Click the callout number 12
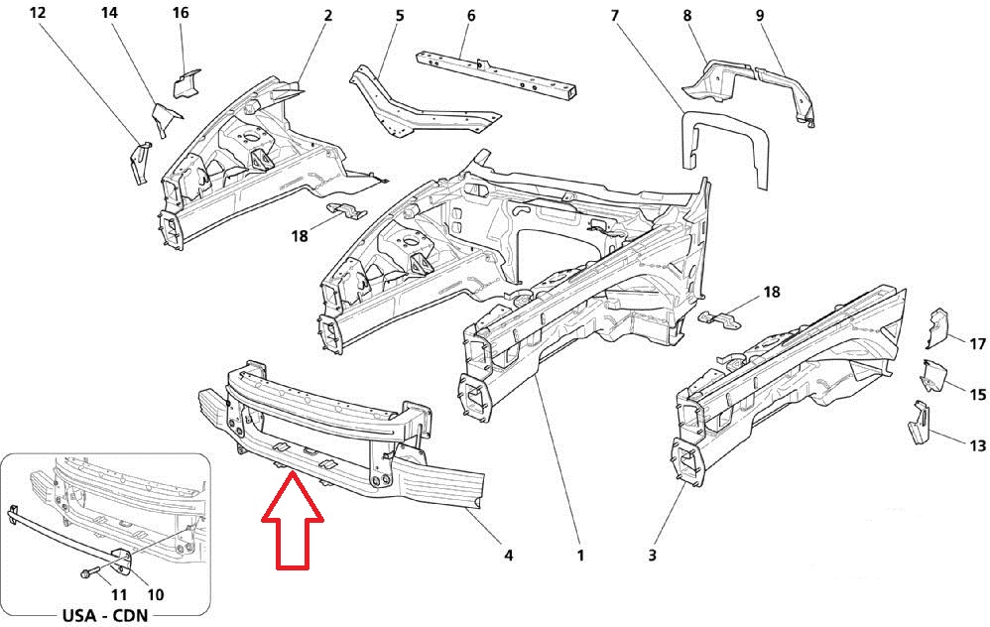pyautogui.click(x=38, y=14)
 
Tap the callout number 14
pyautogui.click(x=109, y=14)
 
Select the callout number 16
pyautogui.click(x=180, y=14)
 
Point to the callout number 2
pyautogui.click(x=327, y=16)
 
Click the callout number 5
pyautogui.click(x=399, y=16)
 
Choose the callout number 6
pyautogui.click(x=470, y=16)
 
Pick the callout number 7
pyautogui.click(x=614, y=16)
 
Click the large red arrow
pyautogui.click(x=292, y=521)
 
